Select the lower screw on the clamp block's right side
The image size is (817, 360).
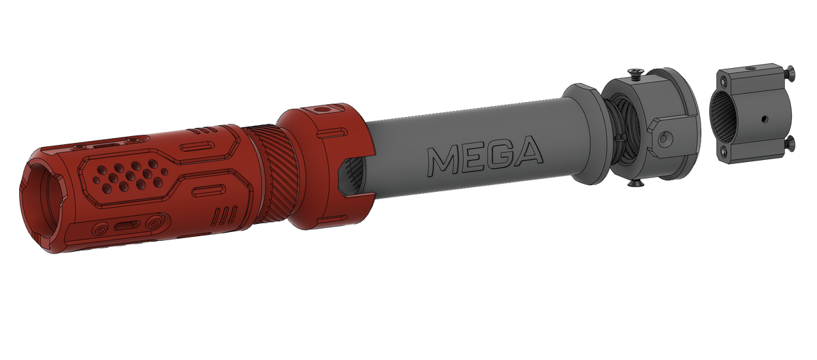click(x=789, y=144)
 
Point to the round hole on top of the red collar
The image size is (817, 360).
click(x=321, y=109)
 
